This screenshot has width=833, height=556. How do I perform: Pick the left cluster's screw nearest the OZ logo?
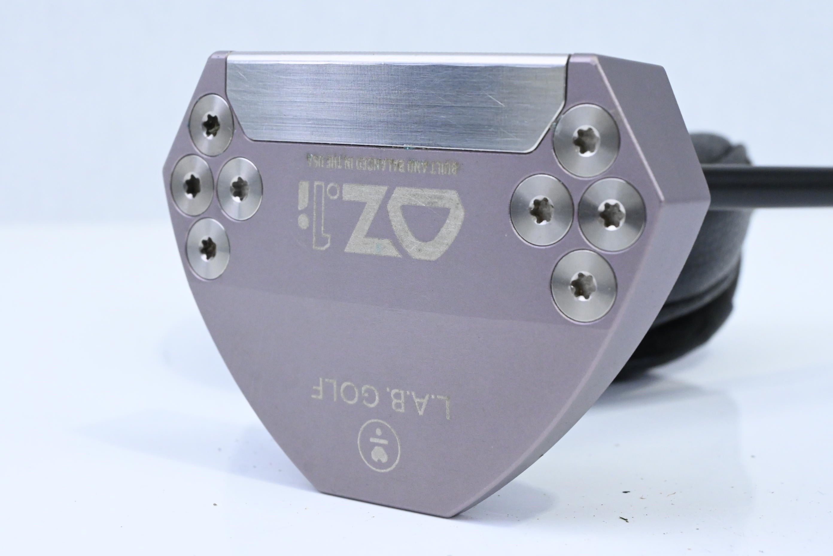click(239, 189)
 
